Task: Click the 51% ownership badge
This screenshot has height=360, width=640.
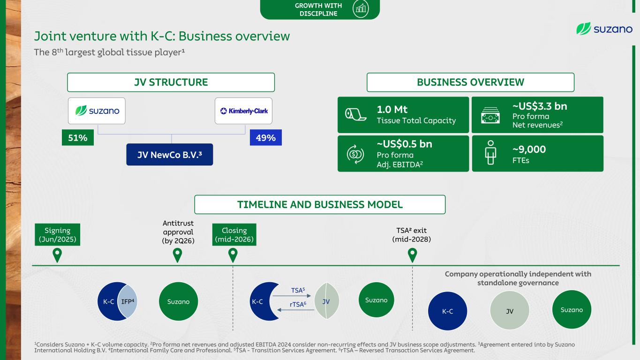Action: click(x=78, y=138)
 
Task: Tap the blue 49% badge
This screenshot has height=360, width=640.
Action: click(x=266, y=138)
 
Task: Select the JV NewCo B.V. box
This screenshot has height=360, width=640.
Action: click(x=170, y=155)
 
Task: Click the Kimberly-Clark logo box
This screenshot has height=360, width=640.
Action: click(x=243, y=111)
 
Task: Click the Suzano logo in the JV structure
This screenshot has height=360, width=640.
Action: click(x=97, y=111)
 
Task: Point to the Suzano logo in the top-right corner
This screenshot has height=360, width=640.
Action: click(x=604, y=29)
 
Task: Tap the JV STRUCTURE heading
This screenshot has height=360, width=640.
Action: click(x=171, y=82)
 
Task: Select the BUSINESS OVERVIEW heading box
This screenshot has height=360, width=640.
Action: click(x=471, y=82)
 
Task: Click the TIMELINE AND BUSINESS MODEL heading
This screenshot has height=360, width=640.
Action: click(x=320, y=204)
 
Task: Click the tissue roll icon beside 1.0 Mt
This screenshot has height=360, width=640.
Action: click(x=355, y=114)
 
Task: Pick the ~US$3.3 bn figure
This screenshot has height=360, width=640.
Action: click(x=540, y=106)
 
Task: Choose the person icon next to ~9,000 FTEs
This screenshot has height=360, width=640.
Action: click(x=490, y=152)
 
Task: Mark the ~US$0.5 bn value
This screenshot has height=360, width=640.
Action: click(x=404, y=144)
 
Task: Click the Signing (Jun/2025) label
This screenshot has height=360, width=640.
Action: click(x=57, y=234)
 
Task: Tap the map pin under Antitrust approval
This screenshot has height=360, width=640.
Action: click(x=177, y=255)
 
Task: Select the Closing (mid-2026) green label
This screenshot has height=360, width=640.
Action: click(x=234, y=234)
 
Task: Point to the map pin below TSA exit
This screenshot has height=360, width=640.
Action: click(x=412, y=255)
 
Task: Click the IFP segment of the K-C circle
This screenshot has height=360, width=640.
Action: click(x=128, y=301)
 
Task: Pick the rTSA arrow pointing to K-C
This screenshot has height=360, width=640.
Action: click(x=296, y=310)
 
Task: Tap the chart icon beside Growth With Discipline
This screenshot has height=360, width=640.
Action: click(x=361, y=9)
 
